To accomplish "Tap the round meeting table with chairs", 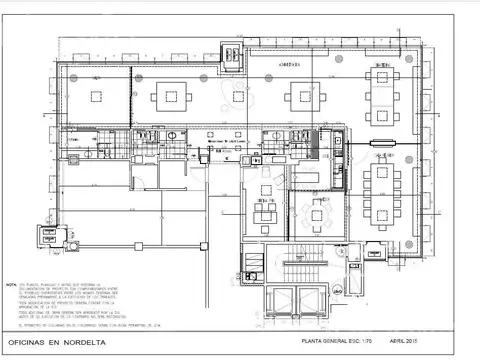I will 318,211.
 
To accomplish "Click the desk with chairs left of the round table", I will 265,213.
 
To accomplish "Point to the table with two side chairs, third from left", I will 303,98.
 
